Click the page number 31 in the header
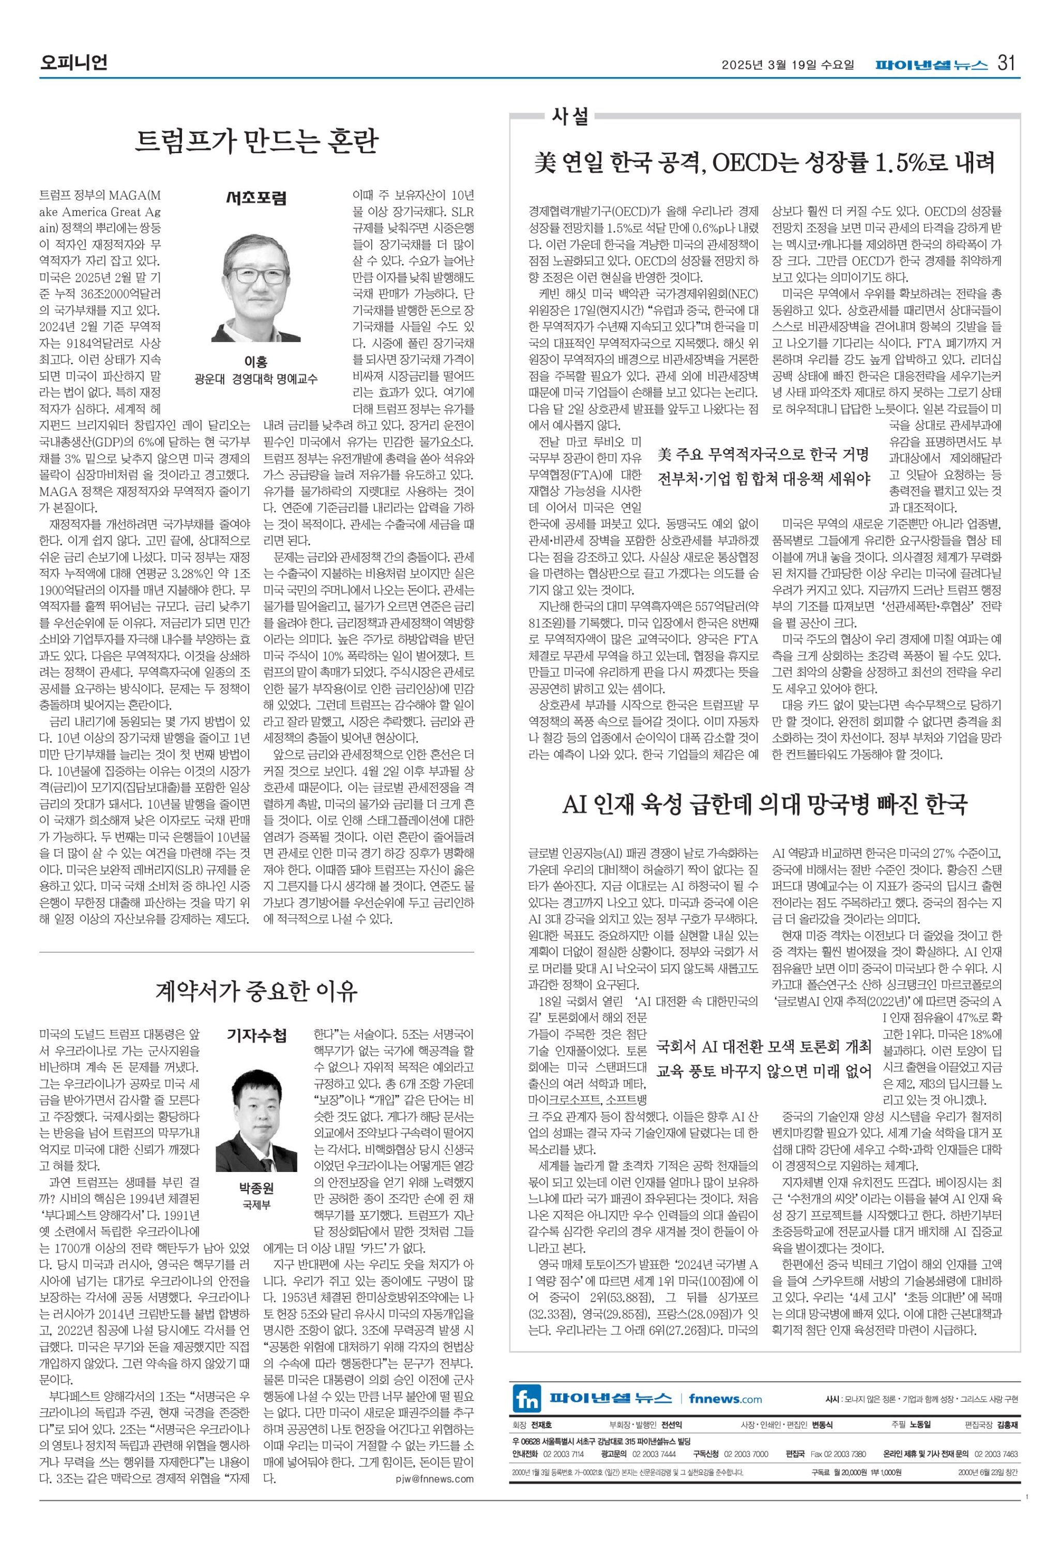pyautogui.click(x=1007, y=64)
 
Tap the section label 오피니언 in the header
pyautogui.click(x=73, y=63)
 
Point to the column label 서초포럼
pyautogui.click(x=256, y=197)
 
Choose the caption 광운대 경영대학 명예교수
pyautogui.click(x=255, y=379)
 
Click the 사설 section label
pyautogui.click(x=570, y=117)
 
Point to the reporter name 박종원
pyautogui.click(x=256, y=1188)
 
